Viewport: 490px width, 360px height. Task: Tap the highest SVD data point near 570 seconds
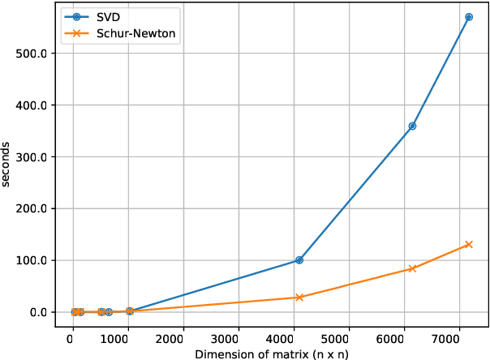(x=468, y=17)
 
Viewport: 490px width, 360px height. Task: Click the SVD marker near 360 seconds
(x=412, y=126)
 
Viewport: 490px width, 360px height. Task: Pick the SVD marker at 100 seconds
(x=299, y=260)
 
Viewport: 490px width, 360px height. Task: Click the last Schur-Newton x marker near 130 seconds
(x=468, y=244)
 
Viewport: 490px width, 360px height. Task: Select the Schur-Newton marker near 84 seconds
(x=412, y=268)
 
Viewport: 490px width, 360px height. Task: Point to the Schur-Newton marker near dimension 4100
(x=299, y=298)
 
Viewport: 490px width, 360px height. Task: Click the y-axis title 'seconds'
(x=7, y=165)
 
